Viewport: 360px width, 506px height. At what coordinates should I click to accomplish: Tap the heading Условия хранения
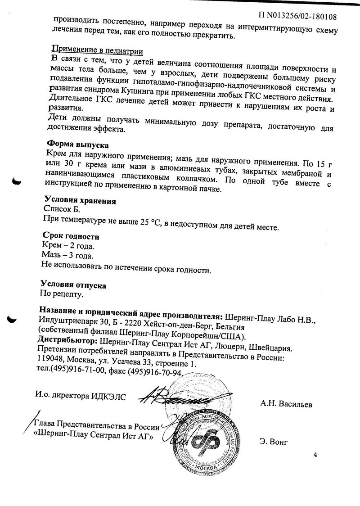(x=80, y=200)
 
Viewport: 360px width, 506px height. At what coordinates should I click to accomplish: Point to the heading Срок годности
(x=71, y=236)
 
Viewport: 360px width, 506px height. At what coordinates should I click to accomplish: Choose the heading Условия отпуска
(x=73, y=285)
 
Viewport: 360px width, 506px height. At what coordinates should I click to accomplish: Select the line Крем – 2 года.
(x=68, y=247)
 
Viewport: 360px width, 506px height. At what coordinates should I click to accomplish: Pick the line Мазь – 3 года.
(x=67, y=257)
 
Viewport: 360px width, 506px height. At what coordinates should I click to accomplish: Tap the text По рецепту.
(x=63, y=295)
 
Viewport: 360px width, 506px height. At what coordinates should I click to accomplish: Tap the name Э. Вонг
(x=273, y=441)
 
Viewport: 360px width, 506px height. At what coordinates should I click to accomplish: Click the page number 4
(x=315, y=455)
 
